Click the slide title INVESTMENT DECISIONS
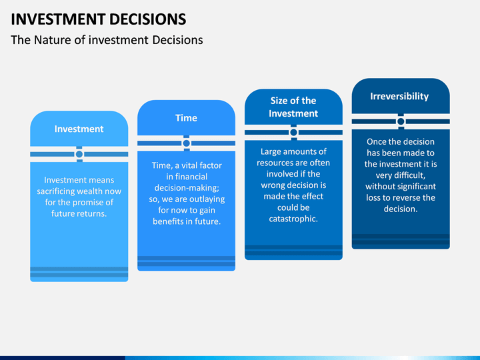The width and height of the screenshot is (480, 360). (x=98, y=18)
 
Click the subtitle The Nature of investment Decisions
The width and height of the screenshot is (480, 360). (x=107, y=40)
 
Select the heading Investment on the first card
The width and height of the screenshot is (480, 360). (x=79, y=129)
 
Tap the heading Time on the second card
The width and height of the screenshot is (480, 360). (x=186, y=118)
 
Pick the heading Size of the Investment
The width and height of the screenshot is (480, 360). (x=293, y=107)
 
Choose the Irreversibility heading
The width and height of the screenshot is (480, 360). (x=399, y=96)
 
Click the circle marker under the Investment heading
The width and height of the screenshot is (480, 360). (x=79, y=154)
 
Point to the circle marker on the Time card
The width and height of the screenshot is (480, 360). (x=186, y=143)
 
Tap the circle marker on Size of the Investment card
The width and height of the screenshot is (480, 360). (x=293, y=132)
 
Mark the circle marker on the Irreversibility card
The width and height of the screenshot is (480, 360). (x=401, y=121)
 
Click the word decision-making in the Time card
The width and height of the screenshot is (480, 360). (x=186, y=188)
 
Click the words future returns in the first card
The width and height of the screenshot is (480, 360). (x=79, y=214)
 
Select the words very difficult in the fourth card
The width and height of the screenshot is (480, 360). (x=400, y=175)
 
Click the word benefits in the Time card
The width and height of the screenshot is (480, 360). (x=170, y=222)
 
